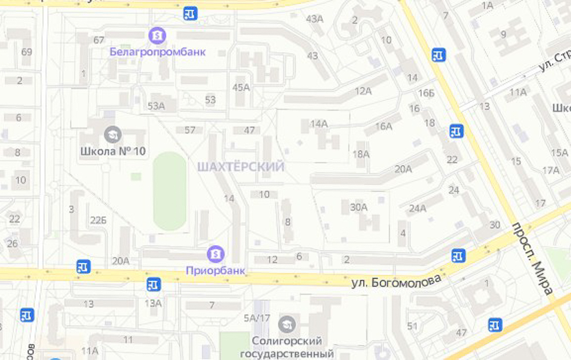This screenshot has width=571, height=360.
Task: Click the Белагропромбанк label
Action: pos(158,52)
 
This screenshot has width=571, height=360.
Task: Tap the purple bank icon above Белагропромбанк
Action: pos(157,36)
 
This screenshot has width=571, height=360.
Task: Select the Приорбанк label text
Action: pos(216,270)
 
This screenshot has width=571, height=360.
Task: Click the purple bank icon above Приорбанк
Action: pos(216,254)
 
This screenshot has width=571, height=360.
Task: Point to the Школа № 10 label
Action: pos(113,152)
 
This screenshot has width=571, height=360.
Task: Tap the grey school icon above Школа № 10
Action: pos(112,135)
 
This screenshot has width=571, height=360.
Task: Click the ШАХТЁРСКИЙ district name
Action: pos(241,167)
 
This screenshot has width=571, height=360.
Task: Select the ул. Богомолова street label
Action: pos(396,281)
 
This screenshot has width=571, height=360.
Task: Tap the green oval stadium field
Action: pos(170,191)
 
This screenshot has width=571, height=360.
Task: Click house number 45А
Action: pos(241,88)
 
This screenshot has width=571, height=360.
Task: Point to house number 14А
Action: pos(319,123)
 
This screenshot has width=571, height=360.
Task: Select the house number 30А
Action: pos(358,207)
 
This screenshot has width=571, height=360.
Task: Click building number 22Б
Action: pos(98,220)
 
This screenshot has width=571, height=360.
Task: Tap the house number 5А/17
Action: pos(257,318)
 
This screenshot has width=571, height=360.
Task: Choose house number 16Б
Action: pos(426,93)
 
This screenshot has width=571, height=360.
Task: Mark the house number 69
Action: pos(27,52)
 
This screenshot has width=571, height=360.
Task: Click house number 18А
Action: pos(361,154)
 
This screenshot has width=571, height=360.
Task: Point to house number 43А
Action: pos(315,19)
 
